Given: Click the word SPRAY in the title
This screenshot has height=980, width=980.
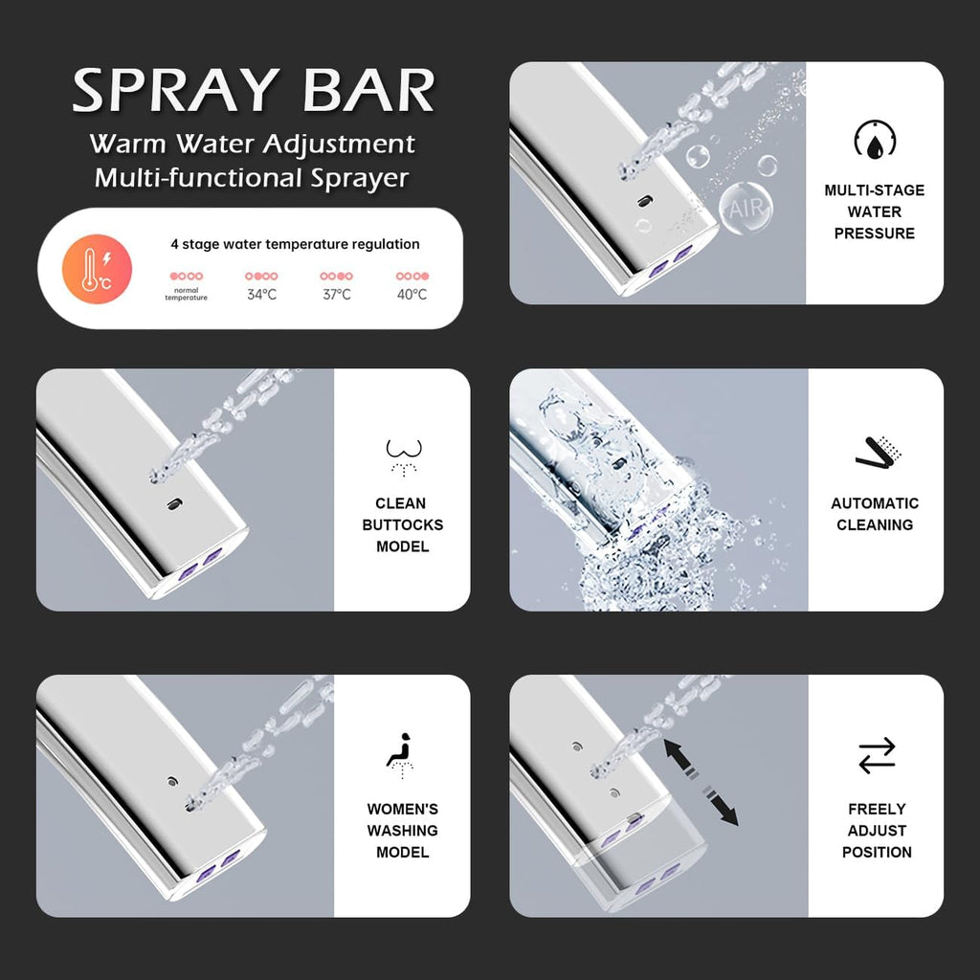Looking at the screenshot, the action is [176, 91].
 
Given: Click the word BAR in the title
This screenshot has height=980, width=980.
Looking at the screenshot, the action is [368, 91].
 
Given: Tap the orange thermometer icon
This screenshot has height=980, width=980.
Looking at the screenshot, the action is [97, 269].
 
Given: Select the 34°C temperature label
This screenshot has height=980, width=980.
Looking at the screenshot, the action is [261, 295].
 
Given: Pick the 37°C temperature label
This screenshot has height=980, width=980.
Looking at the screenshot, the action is [336, 295].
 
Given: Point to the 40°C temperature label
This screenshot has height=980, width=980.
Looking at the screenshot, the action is [412, 295].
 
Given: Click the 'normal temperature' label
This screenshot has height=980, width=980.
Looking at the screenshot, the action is [187, 295].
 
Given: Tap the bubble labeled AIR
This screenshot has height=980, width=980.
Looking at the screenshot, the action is [746, 208].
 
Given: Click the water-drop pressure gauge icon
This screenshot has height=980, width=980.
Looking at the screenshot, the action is [875, 140].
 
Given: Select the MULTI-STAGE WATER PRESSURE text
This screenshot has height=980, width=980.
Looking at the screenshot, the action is [875, 212].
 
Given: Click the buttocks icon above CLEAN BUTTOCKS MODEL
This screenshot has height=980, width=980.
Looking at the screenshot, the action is [404, 457].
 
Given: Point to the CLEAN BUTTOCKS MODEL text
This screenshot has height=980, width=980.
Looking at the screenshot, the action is [403, 525].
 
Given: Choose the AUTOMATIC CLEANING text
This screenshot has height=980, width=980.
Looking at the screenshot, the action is [875, 514].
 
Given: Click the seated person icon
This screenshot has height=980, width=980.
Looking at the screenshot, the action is [401, 755].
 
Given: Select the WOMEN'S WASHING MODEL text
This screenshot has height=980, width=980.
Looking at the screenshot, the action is [403, 831].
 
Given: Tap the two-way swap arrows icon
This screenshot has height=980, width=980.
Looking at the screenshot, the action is [877, 756].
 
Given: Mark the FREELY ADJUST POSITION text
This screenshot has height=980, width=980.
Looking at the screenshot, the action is [877, 831].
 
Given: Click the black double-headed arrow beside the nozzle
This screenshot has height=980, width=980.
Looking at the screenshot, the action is [701, 782].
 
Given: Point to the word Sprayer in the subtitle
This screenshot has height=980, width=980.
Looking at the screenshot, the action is [360, 179].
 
